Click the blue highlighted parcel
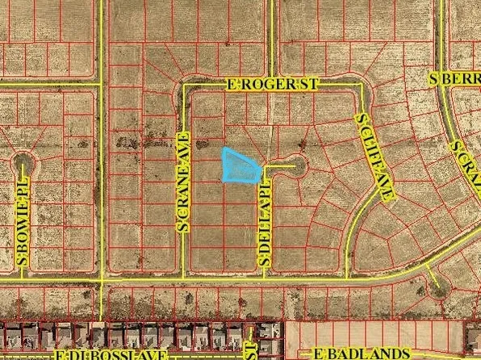(240, 166)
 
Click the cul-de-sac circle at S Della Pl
(297, 166)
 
